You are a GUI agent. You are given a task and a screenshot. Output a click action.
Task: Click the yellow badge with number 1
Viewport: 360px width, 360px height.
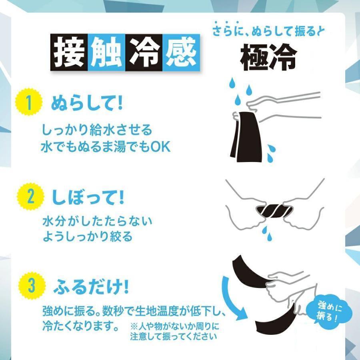[x=28, y=104]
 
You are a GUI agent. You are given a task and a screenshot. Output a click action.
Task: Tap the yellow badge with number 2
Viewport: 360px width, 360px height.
[x=28, y=196]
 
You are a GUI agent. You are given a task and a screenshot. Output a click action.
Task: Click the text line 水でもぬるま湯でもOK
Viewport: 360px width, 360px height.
[x=106, y=147]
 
